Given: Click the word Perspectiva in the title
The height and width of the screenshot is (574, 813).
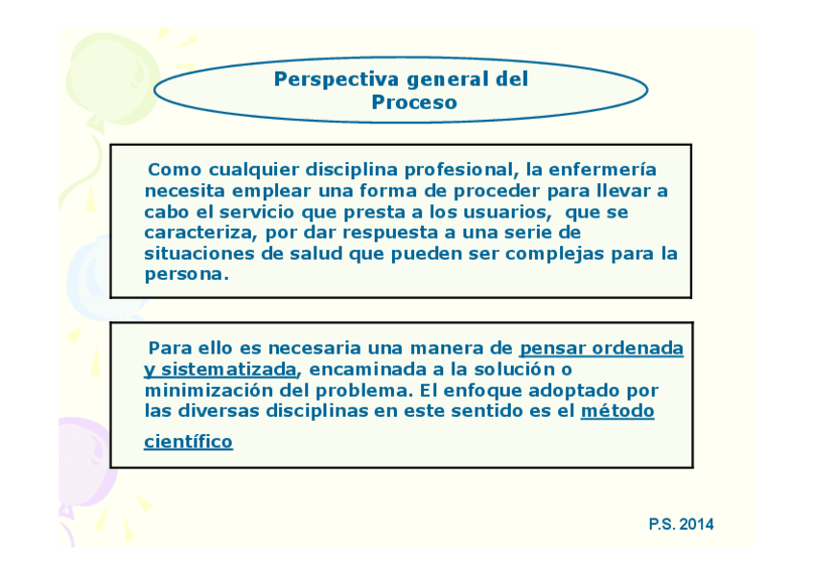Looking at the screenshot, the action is coord(337,80).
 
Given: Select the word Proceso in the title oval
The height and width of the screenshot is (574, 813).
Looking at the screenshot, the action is coord(414,103).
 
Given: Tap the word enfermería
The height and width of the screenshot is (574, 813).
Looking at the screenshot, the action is coord(602,170).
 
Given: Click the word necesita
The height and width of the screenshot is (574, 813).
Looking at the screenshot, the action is coord(184,191).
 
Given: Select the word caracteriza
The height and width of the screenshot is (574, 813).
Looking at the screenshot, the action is coord(200,233).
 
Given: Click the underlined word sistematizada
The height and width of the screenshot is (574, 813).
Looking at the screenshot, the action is coord(228,369).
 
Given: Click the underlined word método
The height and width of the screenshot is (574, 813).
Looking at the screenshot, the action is coord(617,411).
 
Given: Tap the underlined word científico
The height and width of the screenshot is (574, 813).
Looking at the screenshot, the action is coord(188,442).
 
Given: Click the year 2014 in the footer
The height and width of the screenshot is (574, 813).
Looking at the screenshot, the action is coord(696,524).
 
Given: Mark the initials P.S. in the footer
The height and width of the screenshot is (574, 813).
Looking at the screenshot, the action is coord(662,524).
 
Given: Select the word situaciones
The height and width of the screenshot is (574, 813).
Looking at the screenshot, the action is coord(199,254).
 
